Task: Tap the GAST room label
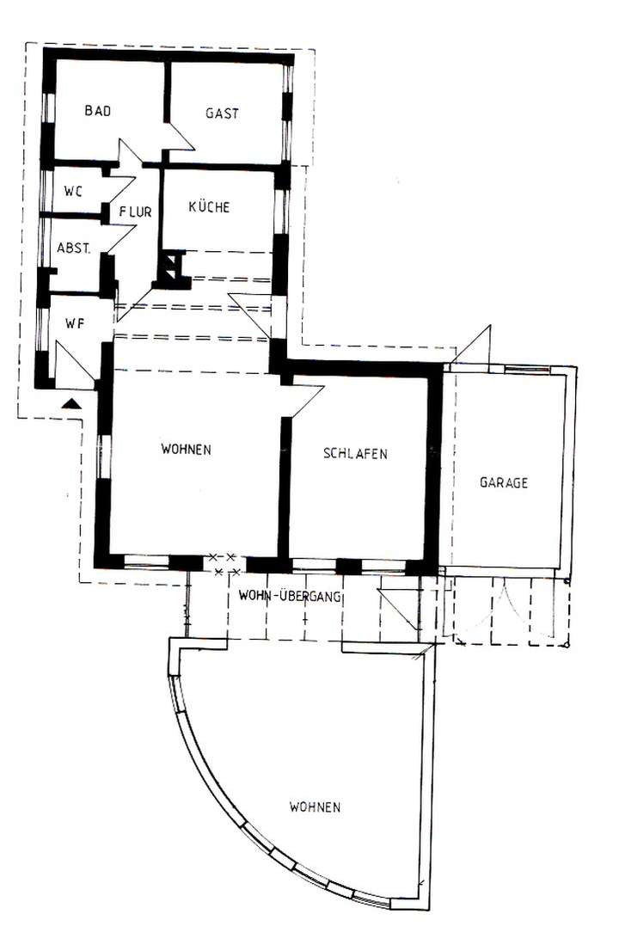[x=222, y=113]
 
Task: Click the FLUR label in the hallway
[x=136, y=212]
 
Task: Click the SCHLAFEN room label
[x=355, y=453]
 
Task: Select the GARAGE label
[x=503, y=482]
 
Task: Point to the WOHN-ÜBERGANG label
[x=291, y=596]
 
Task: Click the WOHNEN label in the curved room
[x=315, y=807]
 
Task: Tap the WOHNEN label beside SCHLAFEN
[x=186, y=449]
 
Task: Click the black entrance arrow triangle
[x=72, y=402]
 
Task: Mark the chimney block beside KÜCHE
[x=172, y=267]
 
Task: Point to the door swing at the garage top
[x=474, y=346]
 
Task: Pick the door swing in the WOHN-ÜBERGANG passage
[x=397, y=607]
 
